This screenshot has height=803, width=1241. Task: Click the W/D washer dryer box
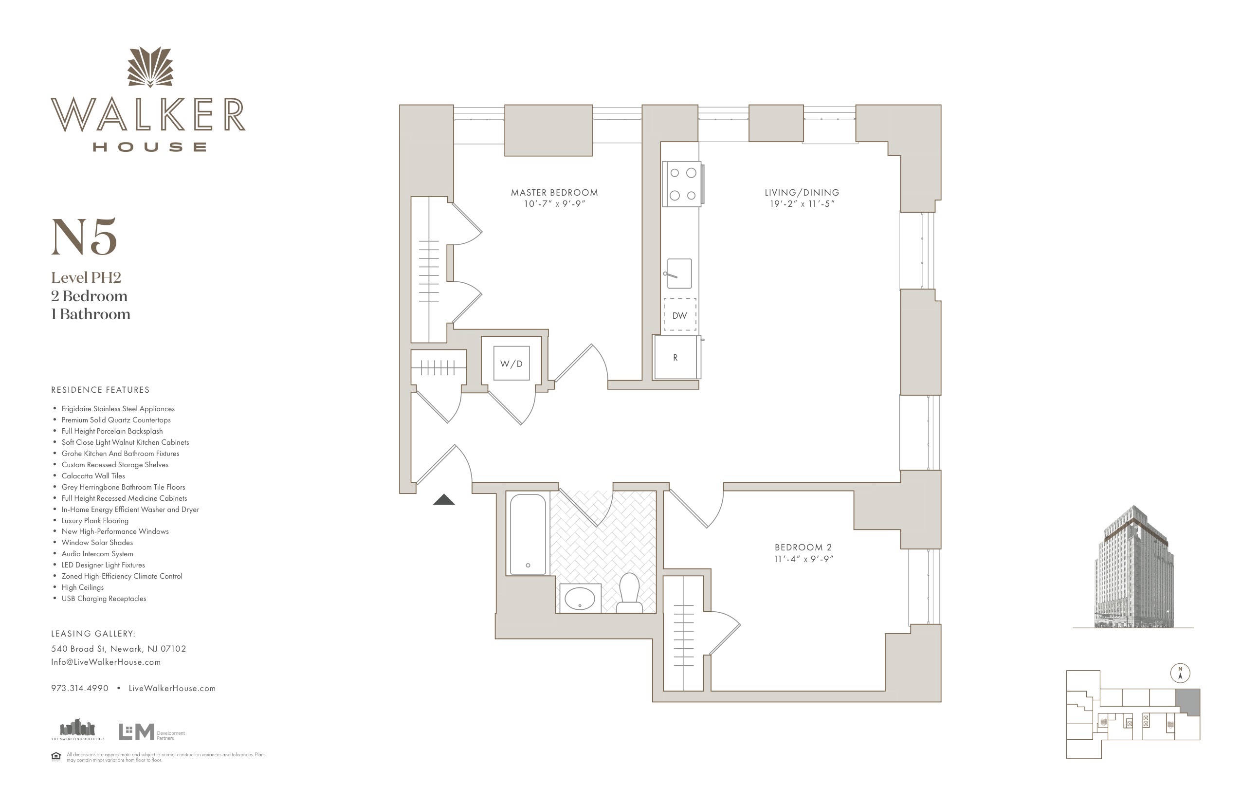(511, 363)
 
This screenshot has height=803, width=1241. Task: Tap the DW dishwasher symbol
(679, 314)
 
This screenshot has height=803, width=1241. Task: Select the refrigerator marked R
(676, 357)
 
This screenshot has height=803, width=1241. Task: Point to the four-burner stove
(682, 184)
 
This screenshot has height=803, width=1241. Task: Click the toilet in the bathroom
(629, 593)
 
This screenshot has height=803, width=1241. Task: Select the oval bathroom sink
(580, 598)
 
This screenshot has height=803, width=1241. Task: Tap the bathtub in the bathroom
(528, 534)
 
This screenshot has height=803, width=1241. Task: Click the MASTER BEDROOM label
(554, 192)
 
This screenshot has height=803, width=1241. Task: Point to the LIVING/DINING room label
(802, 192)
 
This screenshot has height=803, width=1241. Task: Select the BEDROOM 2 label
(803, 547)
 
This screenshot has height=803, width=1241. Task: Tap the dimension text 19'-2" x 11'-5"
(802, 204)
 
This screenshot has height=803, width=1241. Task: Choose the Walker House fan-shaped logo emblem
(150, 67)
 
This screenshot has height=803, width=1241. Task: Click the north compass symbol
(1180, 673)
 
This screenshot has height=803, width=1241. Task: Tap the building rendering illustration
(1134, 567)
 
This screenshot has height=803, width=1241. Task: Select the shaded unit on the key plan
(1187, 702)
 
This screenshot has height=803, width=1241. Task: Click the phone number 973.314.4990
(80, 688)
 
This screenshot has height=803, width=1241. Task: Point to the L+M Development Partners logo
(151, 731)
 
